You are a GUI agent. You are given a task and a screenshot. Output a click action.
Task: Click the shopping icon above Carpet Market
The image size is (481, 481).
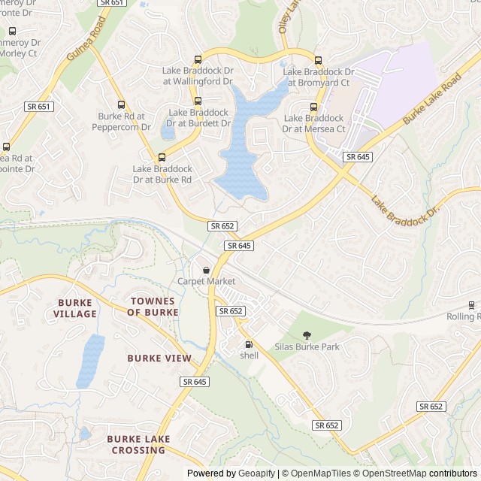206,270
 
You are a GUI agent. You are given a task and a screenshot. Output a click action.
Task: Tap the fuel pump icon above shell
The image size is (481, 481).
249,345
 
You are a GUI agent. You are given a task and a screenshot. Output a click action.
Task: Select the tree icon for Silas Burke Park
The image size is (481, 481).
306,335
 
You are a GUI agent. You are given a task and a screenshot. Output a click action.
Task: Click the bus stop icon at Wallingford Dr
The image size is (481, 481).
198,60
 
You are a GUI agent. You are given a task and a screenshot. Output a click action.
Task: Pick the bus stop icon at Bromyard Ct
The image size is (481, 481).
317,61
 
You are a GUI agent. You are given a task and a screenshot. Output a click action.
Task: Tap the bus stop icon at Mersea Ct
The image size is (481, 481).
313,107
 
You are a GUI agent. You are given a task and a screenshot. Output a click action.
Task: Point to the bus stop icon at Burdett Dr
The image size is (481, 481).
198,101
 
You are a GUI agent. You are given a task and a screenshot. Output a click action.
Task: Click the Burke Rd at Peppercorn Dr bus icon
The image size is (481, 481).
120,105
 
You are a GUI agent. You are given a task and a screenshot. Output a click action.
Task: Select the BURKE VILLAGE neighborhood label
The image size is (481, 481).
75,307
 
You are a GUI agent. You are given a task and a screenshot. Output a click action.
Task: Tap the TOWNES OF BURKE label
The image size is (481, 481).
153,306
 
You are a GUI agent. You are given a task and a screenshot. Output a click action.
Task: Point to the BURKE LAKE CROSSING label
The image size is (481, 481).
138,444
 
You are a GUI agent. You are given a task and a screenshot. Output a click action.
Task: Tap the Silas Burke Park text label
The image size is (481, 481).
307,346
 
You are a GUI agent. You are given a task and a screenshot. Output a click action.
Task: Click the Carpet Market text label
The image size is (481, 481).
206,281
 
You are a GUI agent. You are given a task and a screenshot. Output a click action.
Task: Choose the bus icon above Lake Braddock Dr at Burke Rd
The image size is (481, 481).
162,157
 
